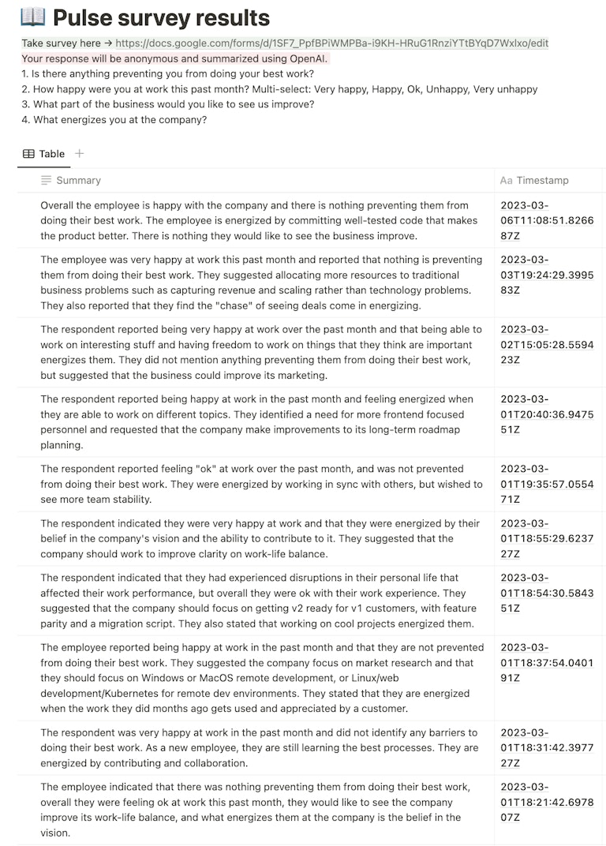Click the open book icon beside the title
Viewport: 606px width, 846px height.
point(33,17)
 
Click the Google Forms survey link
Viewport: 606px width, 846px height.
point(331,43)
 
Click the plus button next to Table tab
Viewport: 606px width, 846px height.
point(79,154)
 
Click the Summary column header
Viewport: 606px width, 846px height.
point(78,181)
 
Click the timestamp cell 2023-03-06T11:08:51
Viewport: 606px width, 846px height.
point(547,220)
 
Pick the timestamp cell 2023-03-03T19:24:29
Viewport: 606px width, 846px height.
point(547,275)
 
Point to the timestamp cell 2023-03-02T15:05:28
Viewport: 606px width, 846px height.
point(547,344)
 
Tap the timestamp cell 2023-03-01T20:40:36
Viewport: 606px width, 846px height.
point(547,414)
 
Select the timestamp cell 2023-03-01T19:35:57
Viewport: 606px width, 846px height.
point(547,484)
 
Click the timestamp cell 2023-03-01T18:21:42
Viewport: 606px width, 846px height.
point(547,802)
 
